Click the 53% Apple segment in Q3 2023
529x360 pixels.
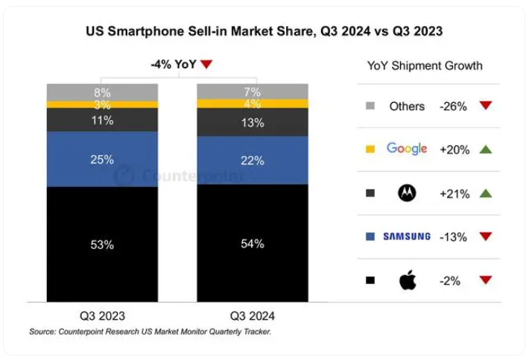(x=102, y=244)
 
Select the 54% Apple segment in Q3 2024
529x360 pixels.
(x=252, y=244)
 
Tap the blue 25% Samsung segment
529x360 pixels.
(x=102, y=159)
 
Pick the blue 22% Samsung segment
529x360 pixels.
(x=252, y=160)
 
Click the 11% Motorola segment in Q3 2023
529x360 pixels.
(x=102, y=119)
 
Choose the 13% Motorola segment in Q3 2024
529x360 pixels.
(x=252, y=123)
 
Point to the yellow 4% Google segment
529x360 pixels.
(x=252, y=104)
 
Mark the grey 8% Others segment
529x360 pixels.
(x=102, y=92)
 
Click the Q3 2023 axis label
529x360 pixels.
(x=102, y=314)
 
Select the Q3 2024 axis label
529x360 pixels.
(x=252, y=314)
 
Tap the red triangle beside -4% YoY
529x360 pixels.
(x=206, y=65)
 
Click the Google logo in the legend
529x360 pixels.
(x=407, y=149)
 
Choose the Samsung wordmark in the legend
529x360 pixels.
(x=407, y=236)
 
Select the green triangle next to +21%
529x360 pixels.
(x=486, y=193)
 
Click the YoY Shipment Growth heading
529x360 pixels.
(x=425, y=66)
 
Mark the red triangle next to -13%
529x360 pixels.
(x=486, y=236)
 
